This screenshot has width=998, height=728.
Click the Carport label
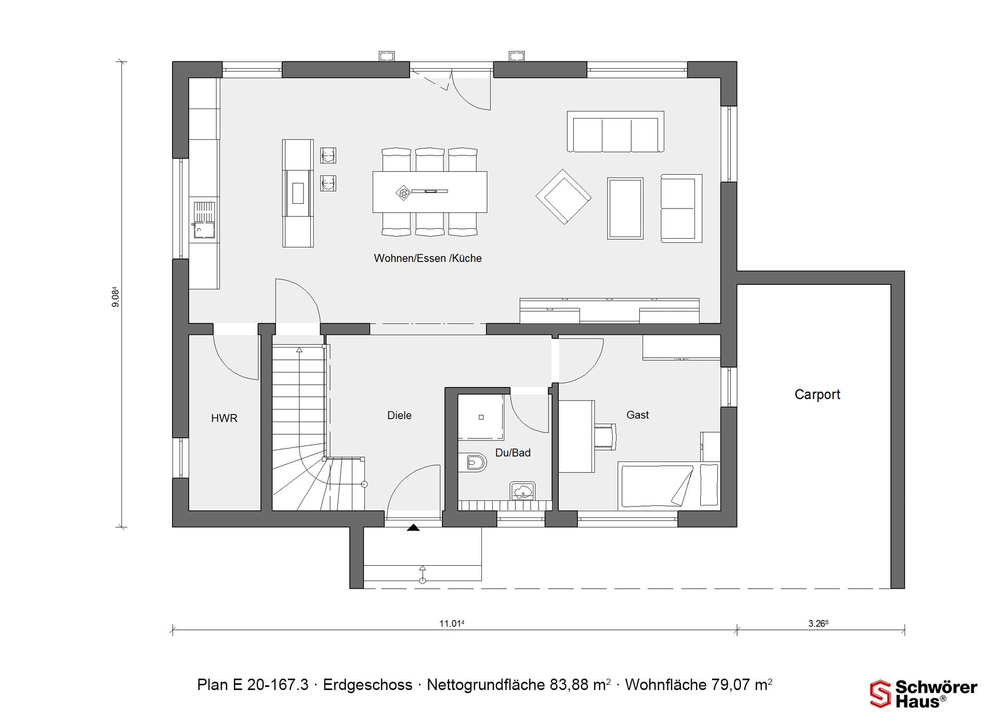coord(817,395)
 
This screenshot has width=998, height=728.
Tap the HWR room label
coord(224,418)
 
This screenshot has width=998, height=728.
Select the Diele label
coord(399,415)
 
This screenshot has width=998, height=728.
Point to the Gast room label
coord(637,415)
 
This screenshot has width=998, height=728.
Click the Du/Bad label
coord(513,453)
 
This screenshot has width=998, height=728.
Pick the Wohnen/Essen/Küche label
coord(428,258)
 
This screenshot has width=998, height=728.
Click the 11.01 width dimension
coord(452,623)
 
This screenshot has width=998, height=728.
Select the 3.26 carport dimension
coord(818,623)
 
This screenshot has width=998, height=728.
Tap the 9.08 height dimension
coord(115,297)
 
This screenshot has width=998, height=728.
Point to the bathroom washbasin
coord(523,490)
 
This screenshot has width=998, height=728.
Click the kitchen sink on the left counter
coord(204,219)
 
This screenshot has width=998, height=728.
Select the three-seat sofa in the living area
coord(615,132)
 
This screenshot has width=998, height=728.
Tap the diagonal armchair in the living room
coord(563,197)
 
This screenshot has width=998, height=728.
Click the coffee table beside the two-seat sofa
coord(625,209)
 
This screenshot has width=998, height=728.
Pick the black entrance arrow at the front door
coord(413,527)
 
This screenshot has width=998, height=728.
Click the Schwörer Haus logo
coord(924,694)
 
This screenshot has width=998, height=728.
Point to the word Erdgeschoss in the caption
coord(367,685)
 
